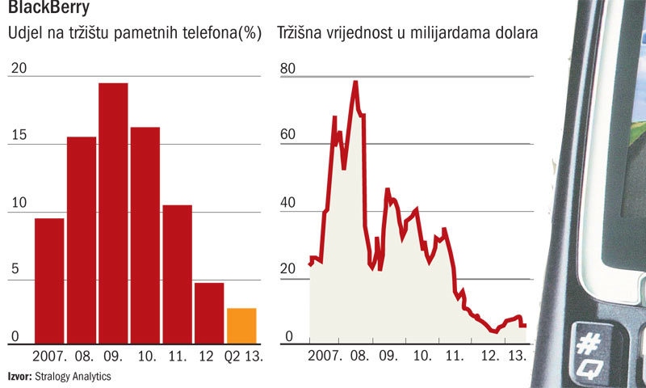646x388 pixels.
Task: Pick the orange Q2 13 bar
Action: coord(241,326)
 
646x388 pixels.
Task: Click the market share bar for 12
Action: coord(209,313)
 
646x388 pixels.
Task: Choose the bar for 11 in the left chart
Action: coord(177,274)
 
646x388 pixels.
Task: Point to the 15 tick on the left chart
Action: coord(18,134)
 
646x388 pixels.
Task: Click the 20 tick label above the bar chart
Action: coord(18,68)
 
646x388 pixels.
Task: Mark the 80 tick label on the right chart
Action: coord(288,68)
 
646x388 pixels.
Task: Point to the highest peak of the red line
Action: coord(355,82)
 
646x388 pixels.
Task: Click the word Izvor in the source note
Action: coord(20,376)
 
